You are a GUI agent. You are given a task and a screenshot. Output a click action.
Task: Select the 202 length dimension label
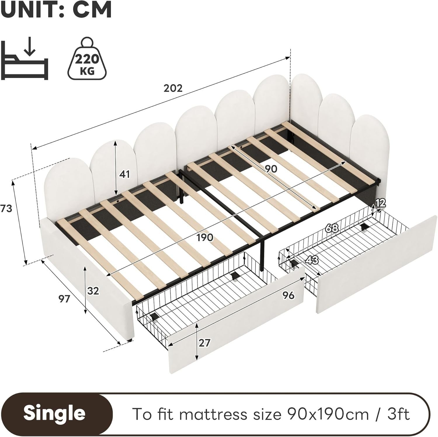(173, 88)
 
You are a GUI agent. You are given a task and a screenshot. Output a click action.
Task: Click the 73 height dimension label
(6, 209)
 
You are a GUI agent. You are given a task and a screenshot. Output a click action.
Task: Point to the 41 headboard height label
(124, 174)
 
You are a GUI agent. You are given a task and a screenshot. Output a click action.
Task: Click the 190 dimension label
(204, 237)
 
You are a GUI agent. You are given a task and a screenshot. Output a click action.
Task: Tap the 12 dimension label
(380, 203)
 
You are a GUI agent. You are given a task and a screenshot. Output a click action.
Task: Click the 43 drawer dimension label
(312, 260)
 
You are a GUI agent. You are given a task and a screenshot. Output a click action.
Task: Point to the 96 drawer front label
(288, 295)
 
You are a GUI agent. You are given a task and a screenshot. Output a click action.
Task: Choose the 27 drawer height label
(204, 342)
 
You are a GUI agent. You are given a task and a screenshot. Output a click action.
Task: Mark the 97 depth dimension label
(64, 299)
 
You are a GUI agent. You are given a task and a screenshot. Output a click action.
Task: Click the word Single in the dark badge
(55, 413)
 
